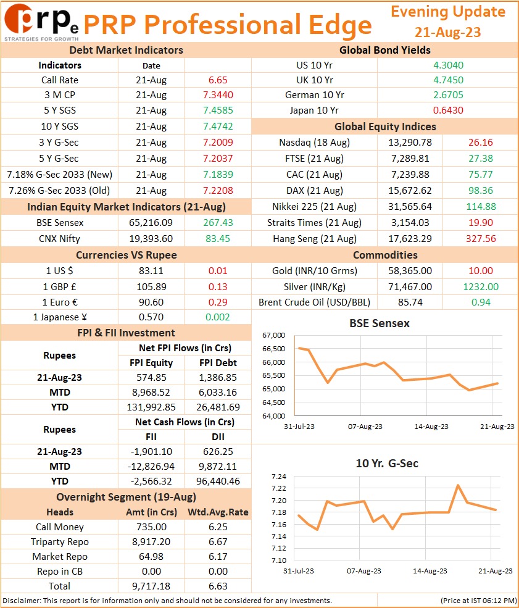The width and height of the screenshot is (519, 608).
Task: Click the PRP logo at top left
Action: (41, 22)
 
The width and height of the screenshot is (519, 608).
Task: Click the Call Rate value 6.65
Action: (218, 80)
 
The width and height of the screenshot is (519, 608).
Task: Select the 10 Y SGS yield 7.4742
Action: (218, 127)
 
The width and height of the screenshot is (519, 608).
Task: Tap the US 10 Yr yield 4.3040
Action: (448, 65)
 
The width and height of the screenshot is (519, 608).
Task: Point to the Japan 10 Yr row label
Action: (314, 110)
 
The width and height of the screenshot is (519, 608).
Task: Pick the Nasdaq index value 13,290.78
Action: (410, 143)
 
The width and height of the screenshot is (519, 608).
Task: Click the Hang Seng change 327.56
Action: (481, 238)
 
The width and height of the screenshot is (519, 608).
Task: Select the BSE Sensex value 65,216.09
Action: (151, 223)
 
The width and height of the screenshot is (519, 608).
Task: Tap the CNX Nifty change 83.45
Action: (218, 238)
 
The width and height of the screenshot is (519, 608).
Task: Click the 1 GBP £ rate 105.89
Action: (151, 287)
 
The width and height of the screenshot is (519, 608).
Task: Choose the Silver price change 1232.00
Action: (481, 287)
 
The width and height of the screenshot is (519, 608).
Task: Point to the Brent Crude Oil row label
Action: (314, 302)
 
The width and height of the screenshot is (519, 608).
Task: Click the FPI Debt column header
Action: (218, 363)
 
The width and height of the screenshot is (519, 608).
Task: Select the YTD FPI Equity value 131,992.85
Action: (151, 407)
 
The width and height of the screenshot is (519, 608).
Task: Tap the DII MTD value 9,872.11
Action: (218, 467)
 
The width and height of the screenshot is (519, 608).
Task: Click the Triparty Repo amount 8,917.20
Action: (151, 542)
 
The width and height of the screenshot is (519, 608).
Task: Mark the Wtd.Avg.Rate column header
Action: (218, 512)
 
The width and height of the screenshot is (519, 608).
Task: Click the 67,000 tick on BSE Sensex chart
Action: (273, 335)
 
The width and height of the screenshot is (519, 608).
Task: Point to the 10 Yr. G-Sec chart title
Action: (387, 464)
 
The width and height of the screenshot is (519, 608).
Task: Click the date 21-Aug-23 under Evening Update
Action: (447, 32)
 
